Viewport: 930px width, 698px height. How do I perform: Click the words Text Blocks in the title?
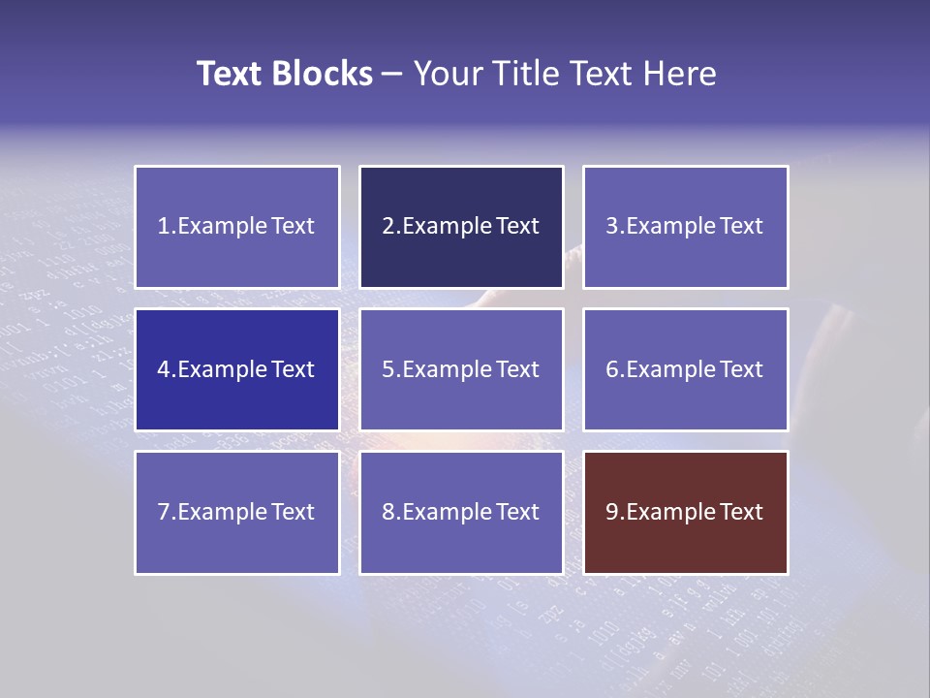pos(284,74)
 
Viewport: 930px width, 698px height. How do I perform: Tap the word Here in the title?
pos(680,74)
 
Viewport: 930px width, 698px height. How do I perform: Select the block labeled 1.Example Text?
pos(236,227)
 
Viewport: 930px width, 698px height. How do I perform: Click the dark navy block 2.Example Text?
pos(461,227)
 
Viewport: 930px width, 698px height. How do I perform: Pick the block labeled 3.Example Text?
pos(685,227)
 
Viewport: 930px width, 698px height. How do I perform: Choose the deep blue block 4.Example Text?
pos(236,369)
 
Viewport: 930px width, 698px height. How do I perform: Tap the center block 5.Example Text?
pos(461,369)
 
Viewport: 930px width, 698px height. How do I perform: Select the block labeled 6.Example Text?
pos(685,369)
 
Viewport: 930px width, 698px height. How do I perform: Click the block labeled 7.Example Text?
pos(236,512)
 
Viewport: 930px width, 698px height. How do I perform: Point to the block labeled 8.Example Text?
pos(461,512)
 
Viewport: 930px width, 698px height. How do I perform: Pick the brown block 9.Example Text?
pos(685,512)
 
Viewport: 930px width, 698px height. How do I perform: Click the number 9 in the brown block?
pos(612,512)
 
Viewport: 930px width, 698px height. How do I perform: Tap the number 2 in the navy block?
pos(387,227)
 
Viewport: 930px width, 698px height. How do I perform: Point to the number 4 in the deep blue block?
pos(164,369)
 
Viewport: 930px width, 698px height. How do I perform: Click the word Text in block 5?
pos(517,369)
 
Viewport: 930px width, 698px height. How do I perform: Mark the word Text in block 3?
pos(742,227)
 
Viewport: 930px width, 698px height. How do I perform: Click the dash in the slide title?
pos(392,75)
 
